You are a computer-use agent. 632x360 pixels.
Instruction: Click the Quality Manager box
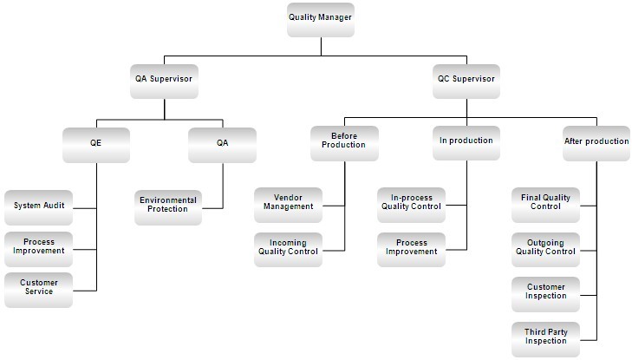pyautogui.click(x=321, y=20)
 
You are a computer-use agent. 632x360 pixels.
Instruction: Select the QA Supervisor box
pyautogui.click(x=164, y=82)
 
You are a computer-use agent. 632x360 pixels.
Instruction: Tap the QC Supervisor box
pyautogui.click(x=466, y=82)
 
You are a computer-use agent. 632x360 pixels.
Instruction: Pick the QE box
pyautogui.click(x=96, y=145)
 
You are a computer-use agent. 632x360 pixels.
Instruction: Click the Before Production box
pyautogui.click(x=345, y=143)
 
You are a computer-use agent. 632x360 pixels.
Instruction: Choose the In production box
pyautogui.click(x=466, y=143)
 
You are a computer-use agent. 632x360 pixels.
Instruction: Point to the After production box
pyautogui.click(x=596, y=143)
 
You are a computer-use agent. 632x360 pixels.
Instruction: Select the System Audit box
pyautogui.click(x=39, y=207)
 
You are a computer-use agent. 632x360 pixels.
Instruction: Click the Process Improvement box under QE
pyautogui.click(x=39, y=249)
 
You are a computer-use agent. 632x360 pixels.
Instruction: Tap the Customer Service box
pyautogui.click(x=39, y=291)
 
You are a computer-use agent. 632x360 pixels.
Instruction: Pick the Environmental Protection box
pyautogui.click(x=168, y=207)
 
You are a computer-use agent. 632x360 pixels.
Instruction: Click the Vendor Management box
pyautogui.click(x=288, y=206)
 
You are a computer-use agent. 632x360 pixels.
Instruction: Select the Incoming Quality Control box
pyautogui.click(x=288, y=250)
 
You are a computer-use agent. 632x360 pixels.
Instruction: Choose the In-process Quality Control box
pyautogui.click(x=412, y=206)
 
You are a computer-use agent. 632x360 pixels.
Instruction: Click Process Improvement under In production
pyautogui.click(x=412, y=250)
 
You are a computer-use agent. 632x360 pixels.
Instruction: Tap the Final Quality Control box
pyautogui.click(x=546, y=206)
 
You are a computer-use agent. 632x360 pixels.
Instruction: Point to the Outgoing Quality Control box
pyautogui.click(x=546, y=250)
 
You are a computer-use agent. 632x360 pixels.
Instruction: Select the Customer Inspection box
pyautogui.click(x=546, y=295)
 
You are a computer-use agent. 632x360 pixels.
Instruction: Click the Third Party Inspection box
pyautogui.click(x=546, y=339)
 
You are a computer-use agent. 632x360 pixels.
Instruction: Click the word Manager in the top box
pyautogui.click(x=335, y=17)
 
